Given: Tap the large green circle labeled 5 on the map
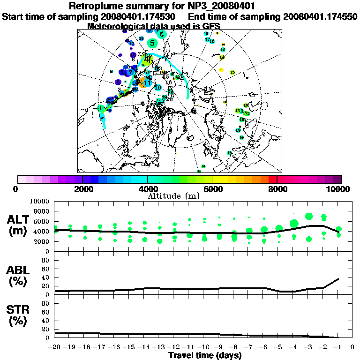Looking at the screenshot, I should pos(152,43).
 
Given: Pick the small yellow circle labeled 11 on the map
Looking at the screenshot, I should pos(221,69).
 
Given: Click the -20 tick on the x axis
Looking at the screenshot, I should pos(55,347).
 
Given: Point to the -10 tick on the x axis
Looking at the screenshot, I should pos(204,347).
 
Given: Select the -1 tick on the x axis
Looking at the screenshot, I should pos(338,347).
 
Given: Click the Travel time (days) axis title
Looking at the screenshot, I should pos(205,355).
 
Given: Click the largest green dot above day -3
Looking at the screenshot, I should pos(309,216).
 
